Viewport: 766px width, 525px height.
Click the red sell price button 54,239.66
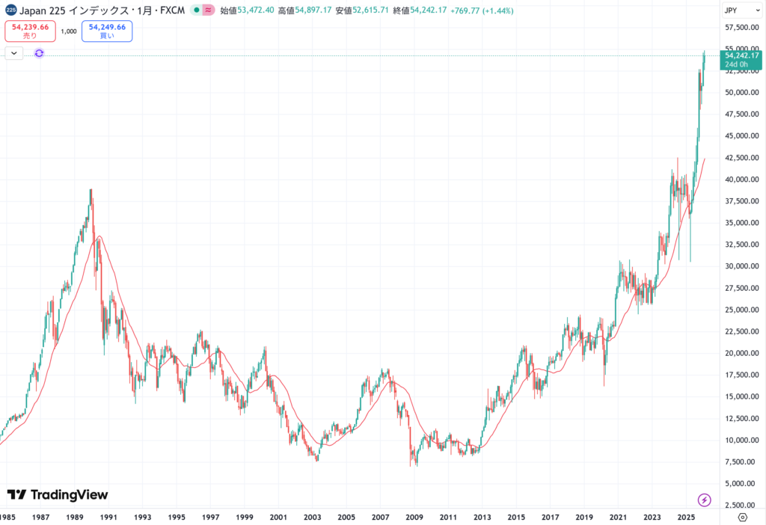click(30, 31)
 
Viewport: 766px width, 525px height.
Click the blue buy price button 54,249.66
click(107, 31)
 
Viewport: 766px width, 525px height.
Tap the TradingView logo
click(58, 494)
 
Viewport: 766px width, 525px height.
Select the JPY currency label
click(731, 11)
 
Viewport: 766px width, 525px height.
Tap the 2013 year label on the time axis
click(482, 517)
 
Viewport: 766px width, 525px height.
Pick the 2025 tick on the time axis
click(686, 517)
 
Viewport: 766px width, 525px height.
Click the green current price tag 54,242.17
click(741, 59)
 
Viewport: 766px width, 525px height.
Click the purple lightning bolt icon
click(704, 499)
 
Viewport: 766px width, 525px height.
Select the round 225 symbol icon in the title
click(10, 10)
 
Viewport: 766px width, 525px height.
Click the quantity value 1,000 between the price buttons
click(69, 31)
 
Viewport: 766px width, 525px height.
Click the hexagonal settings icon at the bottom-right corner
click(742, 517)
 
